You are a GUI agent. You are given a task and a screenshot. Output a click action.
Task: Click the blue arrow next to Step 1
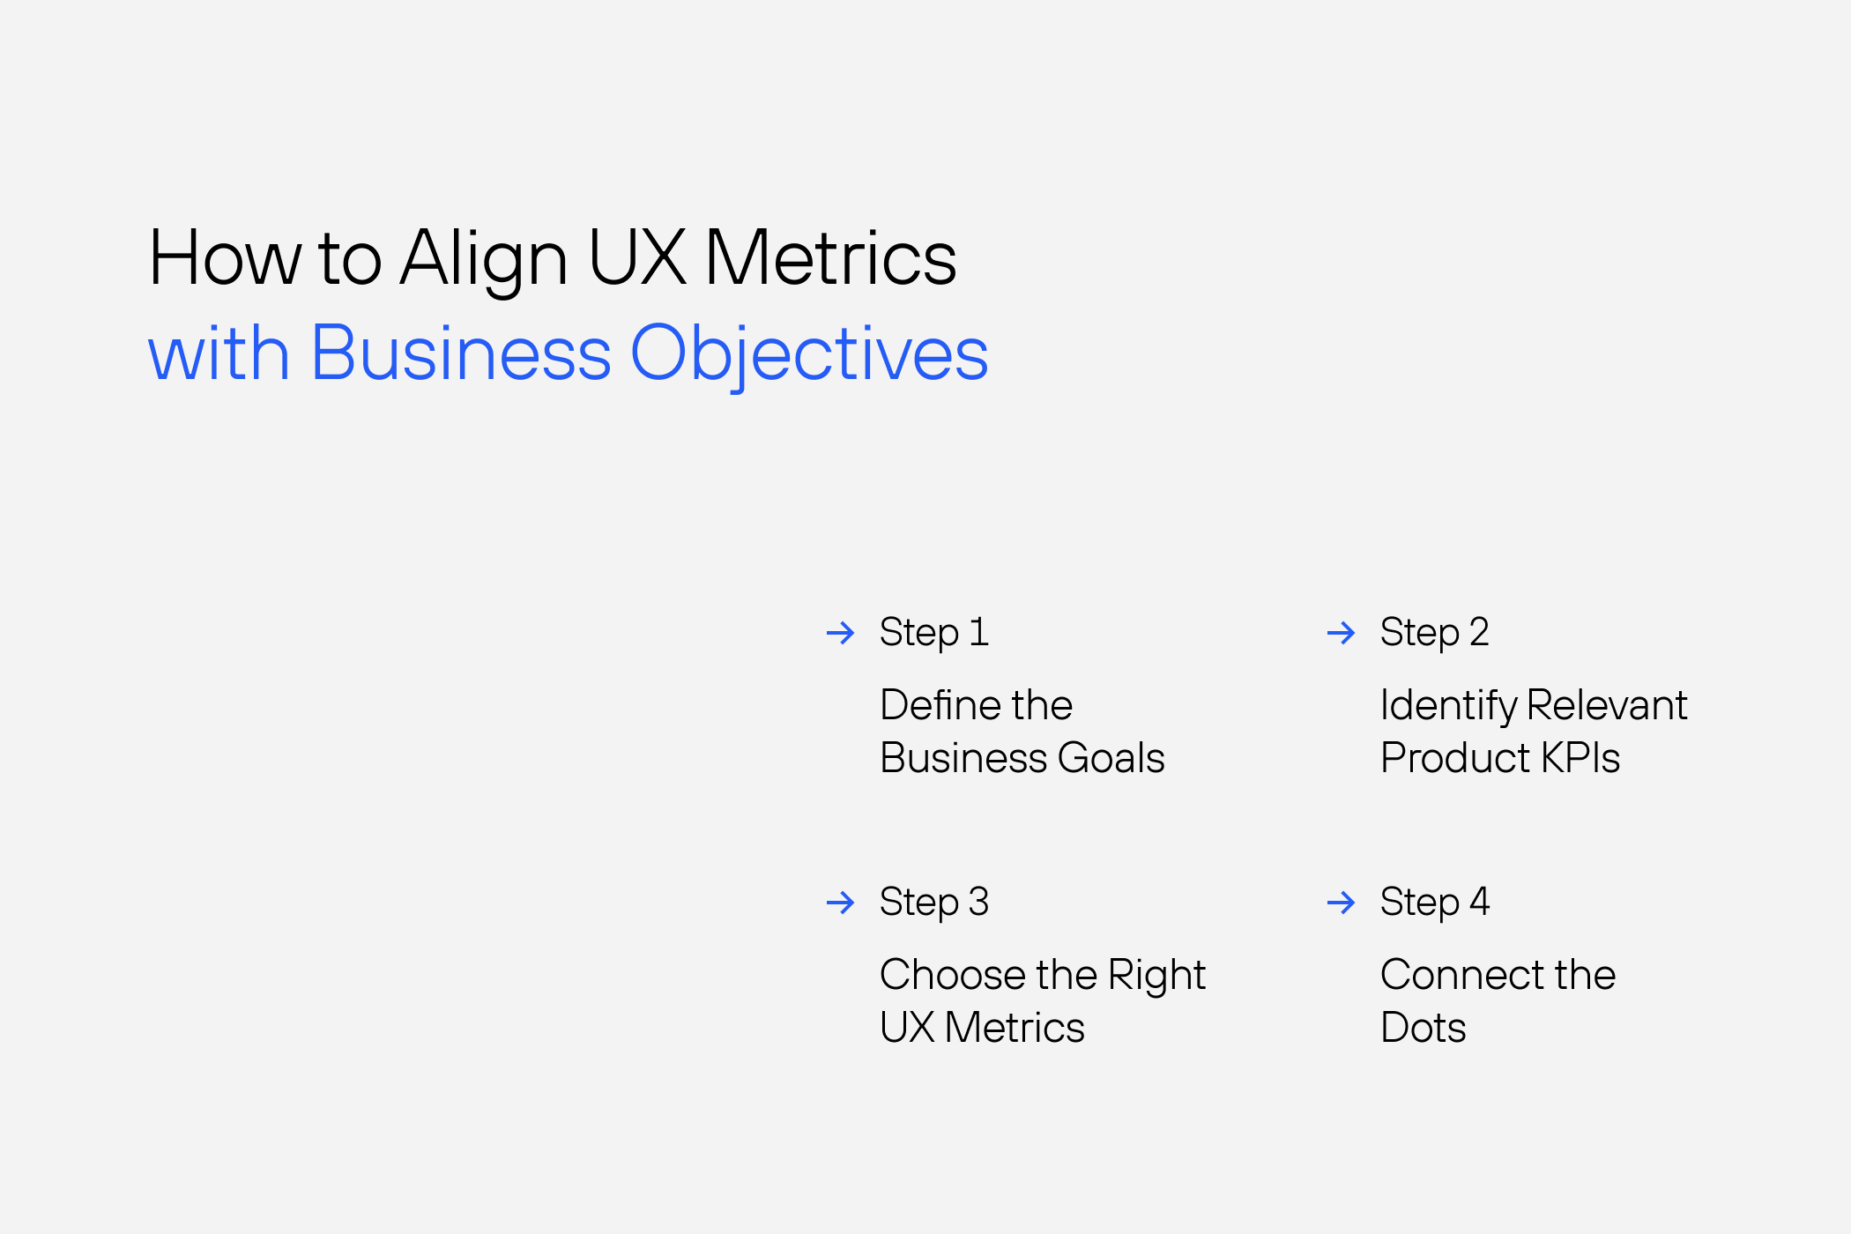coord(840,633)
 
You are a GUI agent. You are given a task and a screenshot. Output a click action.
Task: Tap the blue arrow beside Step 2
coord(1341,633)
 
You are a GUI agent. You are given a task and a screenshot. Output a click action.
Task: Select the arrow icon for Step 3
coord(840,903)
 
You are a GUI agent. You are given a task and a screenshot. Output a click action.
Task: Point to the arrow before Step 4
coord(1341,903)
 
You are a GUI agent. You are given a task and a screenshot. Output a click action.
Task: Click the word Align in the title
coord(483,260)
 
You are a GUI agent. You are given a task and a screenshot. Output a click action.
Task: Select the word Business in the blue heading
coord(461,353)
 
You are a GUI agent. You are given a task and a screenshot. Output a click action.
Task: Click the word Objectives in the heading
coord(809,353)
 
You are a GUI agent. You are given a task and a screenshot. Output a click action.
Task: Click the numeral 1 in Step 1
coord(978,632)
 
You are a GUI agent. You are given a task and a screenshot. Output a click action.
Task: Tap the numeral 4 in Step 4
coord(1479,901)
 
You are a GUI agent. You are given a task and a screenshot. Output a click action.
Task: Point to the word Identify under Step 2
coord(1448,706)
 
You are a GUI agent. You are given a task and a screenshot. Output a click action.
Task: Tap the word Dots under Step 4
coord(1423,1028)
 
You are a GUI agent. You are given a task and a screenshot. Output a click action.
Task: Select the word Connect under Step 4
coord(1461,975)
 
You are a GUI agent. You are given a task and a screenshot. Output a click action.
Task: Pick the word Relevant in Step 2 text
coord(1606,705)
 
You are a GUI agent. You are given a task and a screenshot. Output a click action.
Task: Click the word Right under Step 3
coord(1156,976)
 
